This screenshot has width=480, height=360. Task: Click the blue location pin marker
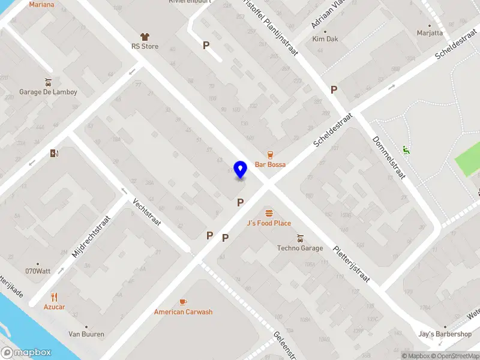(x=241, y=170)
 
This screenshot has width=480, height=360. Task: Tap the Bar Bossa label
(x=270, y=164)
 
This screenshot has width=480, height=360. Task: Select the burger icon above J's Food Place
(x=269, y=213)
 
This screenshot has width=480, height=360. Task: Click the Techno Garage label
(x=300, y=248)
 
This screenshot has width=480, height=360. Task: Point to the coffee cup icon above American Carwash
(x=183, y=302)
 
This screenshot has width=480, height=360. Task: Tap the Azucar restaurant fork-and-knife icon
(x=54, y=296)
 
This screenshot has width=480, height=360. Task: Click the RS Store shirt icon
(x=145, y=37)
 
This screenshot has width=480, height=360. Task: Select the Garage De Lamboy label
(x=48, y=92)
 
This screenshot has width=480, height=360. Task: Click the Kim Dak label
(x=325, y=39)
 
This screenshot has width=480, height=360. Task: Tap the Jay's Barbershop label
(x=445, y=334)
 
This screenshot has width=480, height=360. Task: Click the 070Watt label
(x=38, y=271)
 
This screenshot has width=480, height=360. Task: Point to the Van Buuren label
(x=86, y=334)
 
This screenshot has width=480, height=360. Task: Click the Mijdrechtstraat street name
(x=92, y=236)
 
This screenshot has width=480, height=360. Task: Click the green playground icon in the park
(x=406, y=150)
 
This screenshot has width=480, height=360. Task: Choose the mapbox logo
(x=26, y=353)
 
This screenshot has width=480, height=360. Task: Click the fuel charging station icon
(x=55, y=154)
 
